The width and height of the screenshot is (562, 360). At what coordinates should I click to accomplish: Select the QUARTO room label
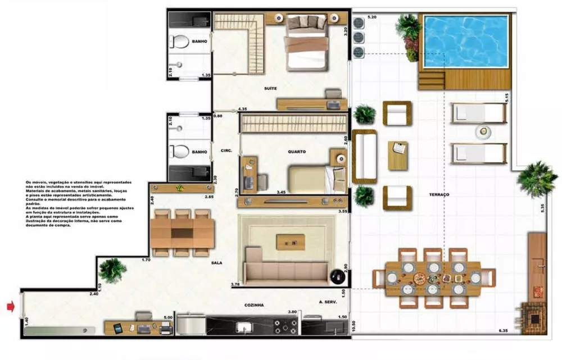pyautogui.click(x=297, y=151)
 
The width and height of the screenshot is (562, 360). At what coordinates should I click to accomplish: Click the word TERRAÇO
pyautogui.click(x=438, y=194)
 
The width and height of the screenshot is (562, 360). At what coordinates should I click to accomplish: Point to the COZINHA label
pyautogui.click(x=254, y=305)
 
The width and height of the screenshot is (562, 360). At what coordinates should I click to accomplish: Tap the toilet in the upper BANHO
pyautogui.click(x=181, y=42)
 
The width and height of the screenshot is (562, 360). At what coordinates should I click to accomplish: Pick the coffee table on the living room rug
pyautogui.click(x=291, y=242)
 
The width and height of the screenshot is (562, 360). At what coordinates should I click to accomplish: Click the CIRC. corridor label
pyautogui.click(x=227, y=151)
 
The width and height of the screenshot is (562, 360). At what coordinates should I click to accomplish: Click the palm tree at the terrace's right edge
pyautogui.click(x=536, y=178)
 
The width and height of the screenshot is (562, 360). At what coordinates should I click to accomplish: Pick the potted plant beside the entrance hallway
pyautogui.click(x=112, y=270)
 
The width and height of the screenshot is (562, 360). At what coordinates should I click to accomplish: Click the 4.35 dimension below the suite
pyautogui.click(x=243, y=108)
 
